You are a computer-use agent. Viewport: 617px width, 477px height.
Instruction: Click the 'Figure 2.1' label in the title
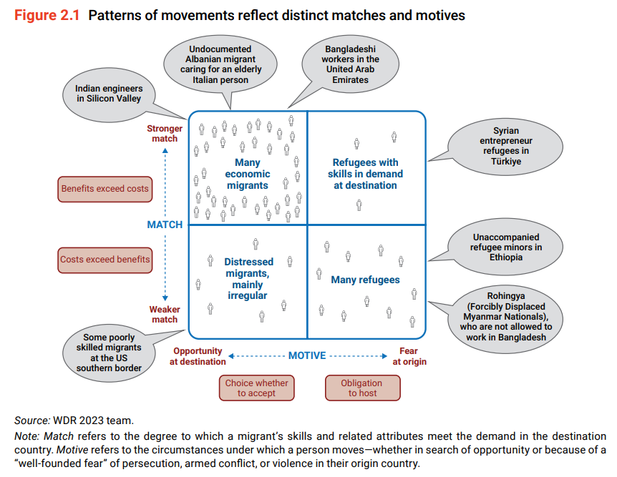pos(47,15)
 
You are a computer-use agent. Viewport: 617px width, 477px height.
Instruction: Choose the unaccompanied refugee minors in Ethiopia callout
pos(506,247)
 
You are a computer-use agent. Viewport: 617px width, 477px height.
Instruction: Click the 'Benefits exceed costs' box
pos(105,189)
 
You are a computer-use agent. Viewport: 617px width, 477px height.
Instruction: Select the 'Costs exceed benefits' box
pos(105,260)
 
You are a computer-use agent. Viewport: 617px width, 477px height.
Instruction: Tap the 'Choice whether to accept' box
pos(256,388)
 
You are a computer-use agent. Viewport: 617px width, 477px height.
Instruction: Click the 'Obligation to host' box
pos(362,388)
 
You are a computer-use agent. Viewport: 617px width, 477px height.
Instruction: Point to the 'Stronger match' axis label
pos(165,134)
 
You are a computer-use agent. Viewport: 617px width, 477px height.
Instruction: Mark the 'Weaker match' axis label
pos(165,315)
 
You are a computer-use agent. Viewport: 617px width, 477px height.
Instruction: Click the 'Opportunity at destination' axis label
pos(198,356)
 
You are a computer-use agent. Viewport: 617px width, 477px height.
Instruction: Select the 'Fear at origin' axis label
pos(409,356)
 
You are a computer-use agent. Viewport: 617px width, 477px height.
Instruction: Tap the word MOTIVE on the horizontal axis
pos(306,355)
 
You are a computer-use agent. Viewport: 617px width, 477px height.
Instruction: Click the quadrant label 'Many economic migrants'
pos(248,174)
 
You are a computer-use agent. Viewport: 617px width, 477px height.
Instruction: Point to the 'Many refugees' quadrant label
pos(365,280)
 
